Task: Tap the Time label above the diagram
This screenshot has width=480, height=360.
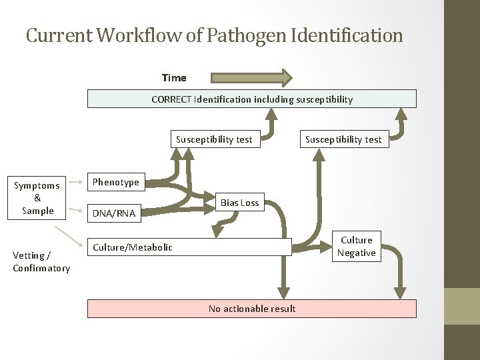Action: (174, 78)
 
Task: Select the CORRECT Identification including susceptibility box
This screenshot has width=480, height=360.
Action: (252, 99)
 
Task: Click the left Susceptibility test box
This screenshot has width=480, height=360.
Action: (214, 139)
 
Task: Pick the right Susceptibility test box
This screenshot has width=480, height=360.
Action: (343, 139)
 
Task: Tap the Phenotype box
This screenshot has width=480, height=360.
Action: (116, 182)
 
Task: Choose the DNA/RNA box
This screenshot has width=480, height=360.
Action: (114, 213)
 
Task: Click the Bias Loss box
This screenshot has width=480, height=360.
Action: (240, 203)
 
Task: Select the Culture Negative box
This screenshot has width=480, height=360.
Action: (357, 247)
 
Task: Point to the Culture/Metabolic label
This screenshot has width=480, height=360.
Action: (133, 247)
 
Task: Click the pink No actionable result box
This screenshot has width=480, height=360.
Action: (252, 309)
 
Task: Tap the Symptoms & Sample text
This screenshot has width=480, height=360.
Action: (37, 198)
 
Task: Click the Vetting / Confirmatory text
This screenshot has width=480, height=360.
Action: (41, 261)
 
